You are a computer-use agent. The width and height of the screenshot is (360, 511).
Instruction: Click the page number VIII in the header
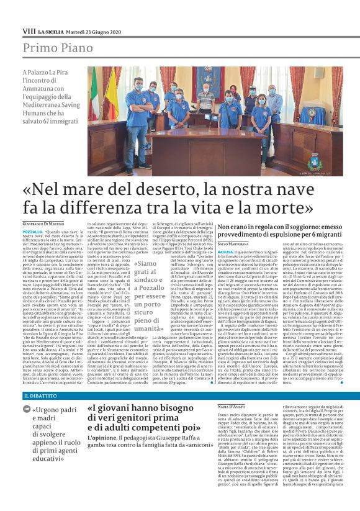[29, 30]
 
